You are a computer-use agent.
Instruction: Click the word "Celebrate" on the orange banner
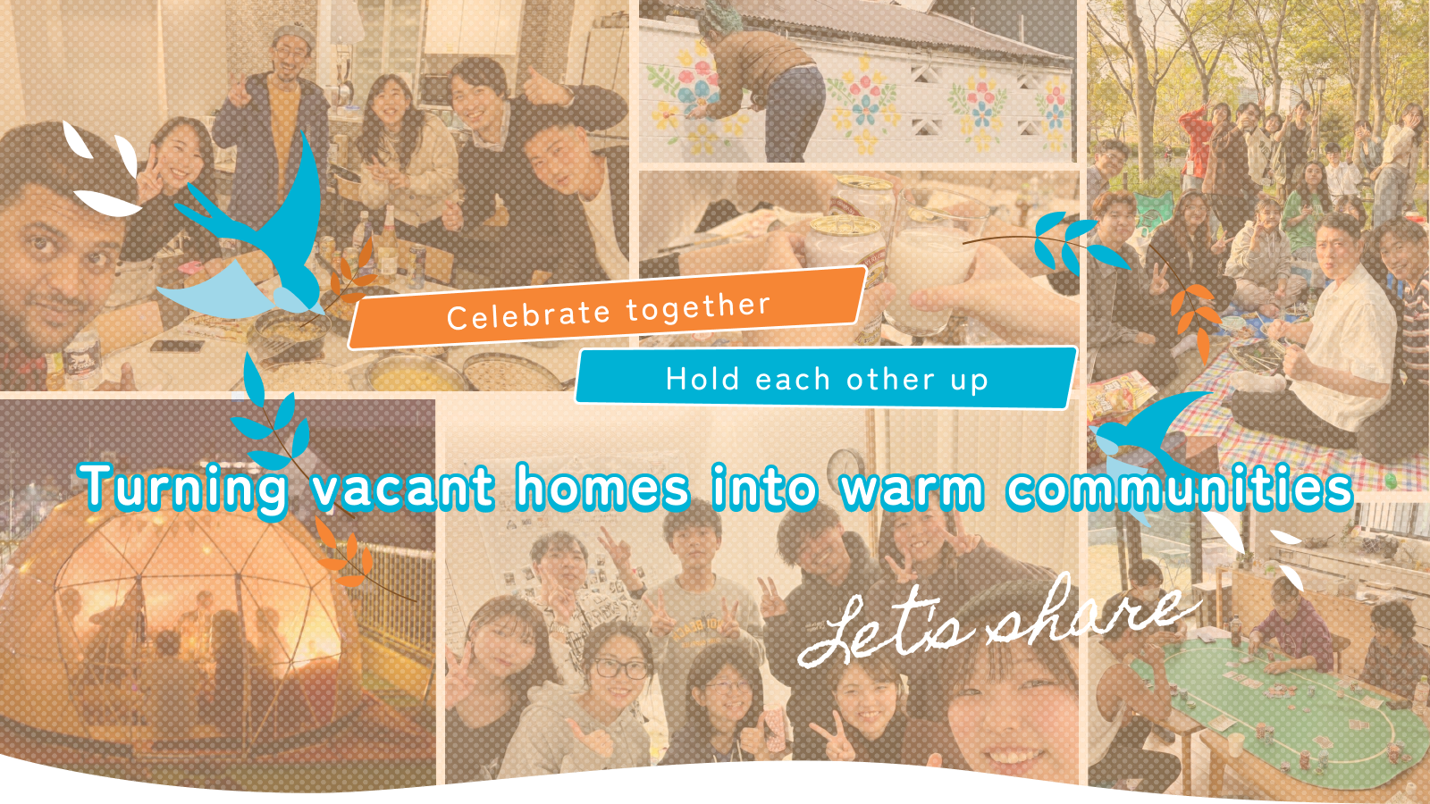pyautogui.click(x=528, y=314)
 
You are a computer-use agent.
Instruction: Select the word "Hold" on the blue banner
pyautogui.click(x=702, y=379)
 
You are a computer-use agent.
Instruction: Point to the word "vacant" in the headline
pyautogui.click(x=403, y=488)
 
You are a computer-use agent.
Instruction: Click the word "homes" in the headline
pyautogui.click(x=602, y=487)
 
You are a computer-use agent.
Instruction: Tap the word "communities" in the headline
pyautogui.click(x=1180, y=488)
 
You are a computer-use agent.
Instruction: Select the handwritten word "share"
pyautogui.click(x=1085, y=613)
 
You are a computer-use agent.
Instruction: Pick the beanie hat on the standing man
pyautogui.click(x=291, y=34)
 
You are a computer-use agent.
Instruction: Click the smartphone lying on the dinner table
pyautogui.click(x=177, y=347)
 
